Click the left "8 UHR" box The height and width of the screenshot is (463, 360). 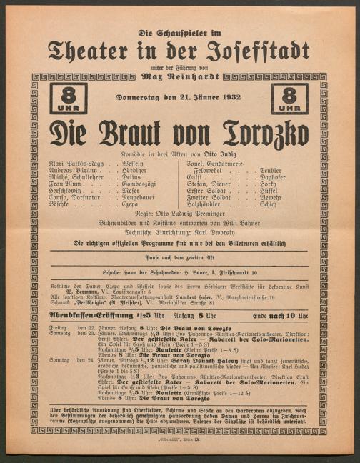(69, 99)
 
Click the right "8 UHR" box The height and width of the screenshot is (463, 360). (289, 99)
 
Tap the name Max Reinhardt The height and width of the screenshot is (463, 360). (179, 74)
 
